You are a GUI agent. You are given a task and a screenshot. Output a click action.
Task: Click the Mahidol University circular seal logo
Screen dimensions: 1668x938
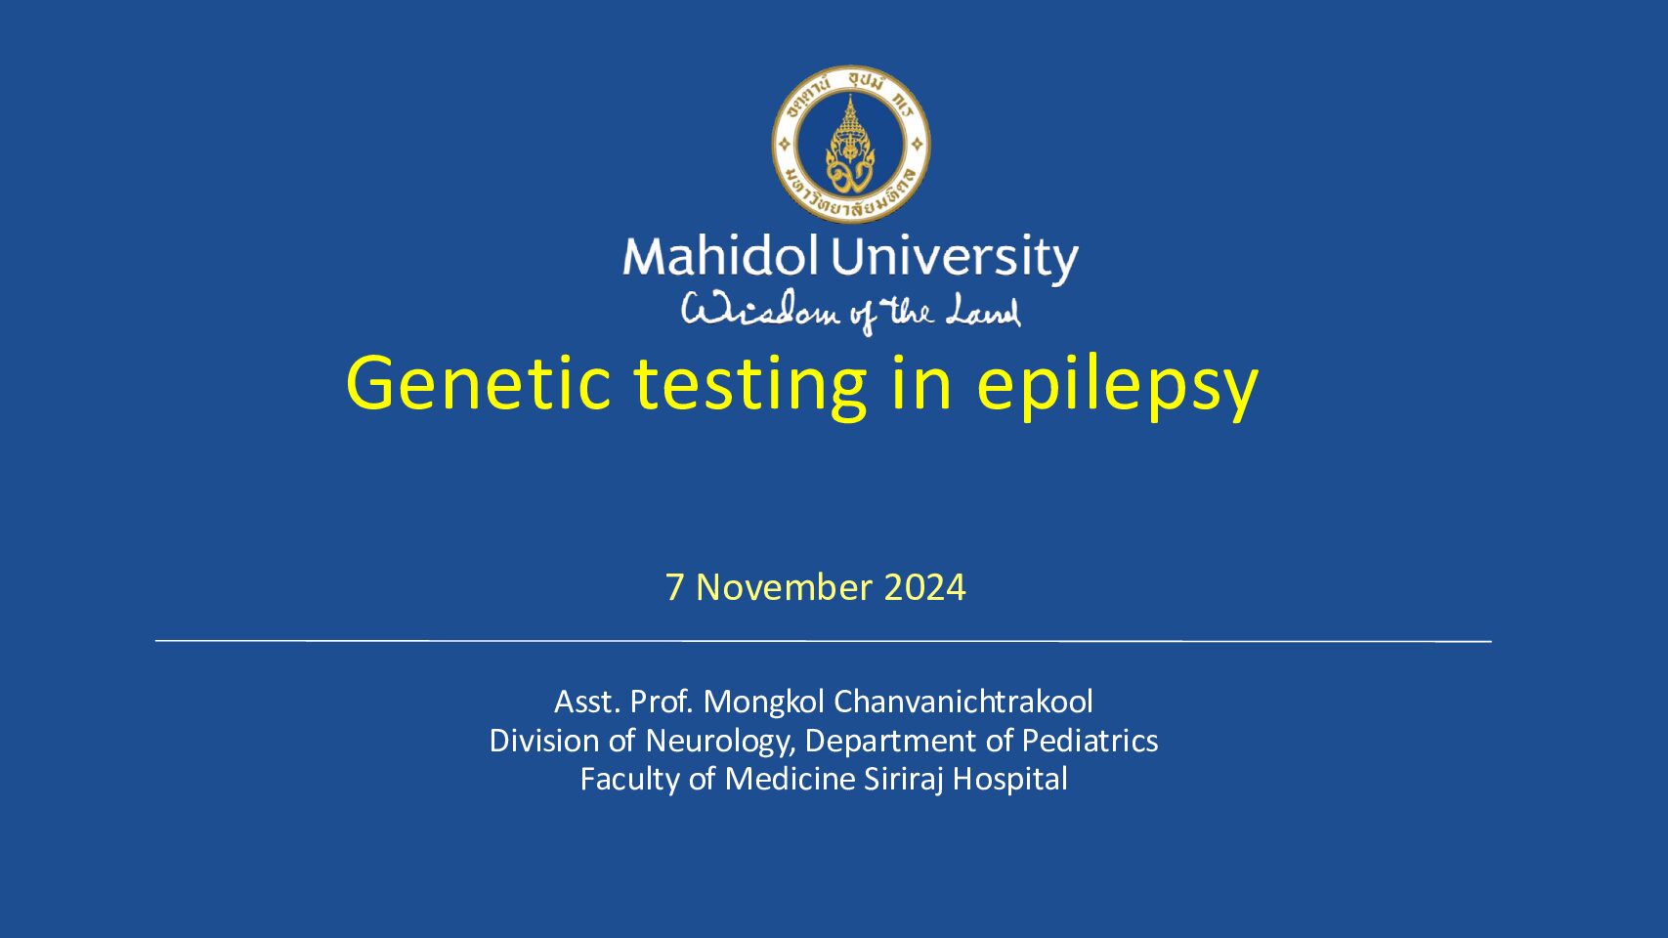[851, 144]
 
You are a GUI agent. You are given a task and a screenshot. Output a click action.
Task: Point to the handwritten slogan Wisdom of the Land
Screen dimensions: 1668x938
[851, 313]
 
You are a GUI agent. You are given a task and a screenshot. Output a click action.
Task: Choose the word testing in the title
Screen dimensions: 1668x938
[749, 388]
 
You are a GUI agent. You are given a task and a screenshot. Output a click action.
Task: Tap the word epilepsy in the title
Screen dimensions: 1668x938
[1118, 388]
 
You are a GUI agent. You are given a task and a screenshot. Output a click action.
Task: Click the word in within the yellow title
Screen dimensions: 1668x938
[921, 383]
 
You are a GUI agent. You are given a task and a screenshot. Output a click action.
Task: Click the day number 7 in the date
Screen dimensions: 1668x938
[674, 587]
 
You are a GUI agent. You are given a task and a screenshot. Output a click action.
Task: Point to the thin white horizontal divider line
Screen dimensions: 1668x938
[823, 640]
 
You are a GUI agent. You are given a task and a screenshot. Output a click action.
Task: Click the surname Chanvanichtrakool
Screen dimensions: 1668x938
[963, 702]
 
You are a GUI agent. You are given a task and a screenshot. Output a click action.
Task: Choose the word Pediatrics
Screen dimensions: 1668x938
[1091, 741]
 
